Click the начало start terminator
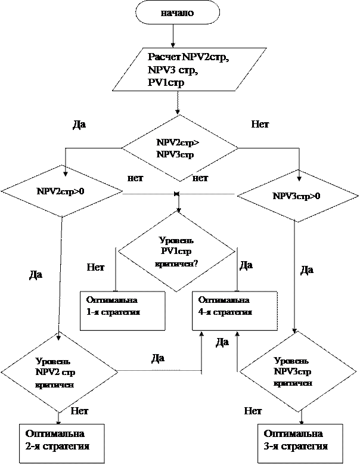click(x=177, y=13)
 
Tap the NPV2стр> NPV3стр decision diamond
click(x=178, y=148)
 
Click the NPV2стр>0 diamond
click(x=61, y=192)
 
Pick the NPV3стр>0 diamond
click(x=296, y=196)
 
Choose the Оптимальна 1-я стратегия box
click(x=122, y=310)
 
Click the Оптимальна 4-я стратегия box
click(x=234, y=310)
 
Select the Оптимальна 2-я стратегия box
click(x=61, y=440)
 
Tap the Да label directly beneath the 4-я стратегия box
click(x=222, y=342)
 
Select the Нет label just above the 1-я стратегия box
click(x=96, y=268)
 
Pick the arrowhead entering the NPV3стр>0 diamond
click(x=299, y=178)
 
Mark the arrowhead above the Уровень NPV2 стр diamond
click(x=58, y=337)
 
